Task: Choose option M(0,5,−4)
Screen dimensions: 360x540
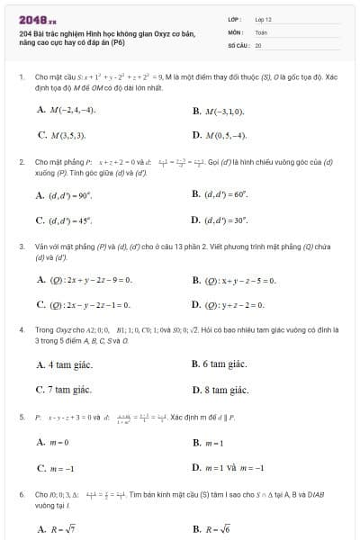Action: (226, 135)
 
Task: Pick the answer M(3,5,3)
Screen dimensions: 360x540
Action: (67, 135)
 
